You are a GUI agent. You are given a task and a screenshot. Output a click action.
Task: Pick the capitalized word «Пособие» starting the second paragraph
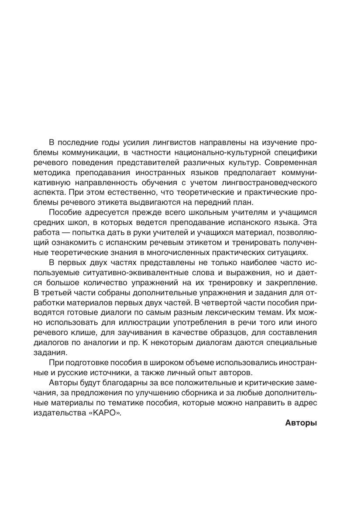click(65, 213)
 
